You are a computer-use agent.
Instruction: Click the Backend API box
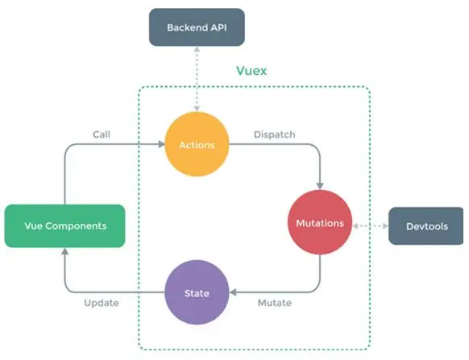click(197, 27)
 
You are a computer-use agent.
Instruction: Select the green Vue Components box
click(65, 226)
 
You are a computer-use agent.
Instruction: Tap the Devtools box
click(426, 226)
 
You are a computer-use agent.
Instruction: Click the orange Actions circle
click(197, 144)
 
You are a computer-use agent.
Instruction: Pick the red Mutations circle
click(320, 222)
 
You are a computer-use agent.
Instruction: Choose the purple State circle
click(197, 292)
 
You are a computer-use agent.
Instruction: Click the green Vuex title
click(251, 71)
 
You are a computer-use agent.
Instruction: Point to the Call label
click(102, 134)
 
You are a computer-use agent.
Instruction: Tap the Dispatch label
click(275, 134)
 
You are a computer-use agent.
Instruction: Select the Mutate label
click(275, 303)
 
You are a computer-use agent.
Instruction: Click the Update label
click(102, 303)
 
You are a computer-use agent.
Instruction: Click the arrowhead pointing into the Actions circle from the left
click(162, 144)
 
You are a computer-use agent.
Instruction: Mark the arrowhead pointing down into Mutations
click(320, 186)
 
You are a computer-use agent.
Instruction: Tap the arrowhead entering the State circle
click(234, 292)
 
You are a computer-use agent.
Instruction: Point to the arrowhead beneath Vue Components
click(65, 252)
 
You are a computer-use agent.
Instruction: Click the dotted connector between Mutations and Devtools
click(371, 226)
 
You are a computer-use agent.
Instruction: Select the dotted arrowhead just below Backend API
click(197, 50)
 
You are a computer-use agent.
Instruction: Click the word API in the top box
click(218, 27)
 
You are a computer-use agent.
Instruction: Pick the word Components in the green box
click(76, 226)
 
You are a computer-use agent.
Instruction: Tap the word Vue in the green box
click(33, 226)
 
